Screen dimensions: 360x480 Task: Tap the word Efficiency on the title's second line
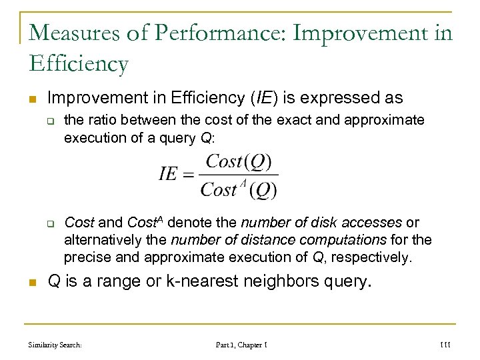coord(79,63)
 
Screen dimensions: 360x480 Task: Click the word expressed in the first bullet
coord(331,99)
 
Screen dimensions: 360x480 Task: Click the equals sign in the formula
coord(190,175)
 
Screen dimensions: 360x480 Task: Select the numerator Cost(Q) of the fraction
coord(239,162)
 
